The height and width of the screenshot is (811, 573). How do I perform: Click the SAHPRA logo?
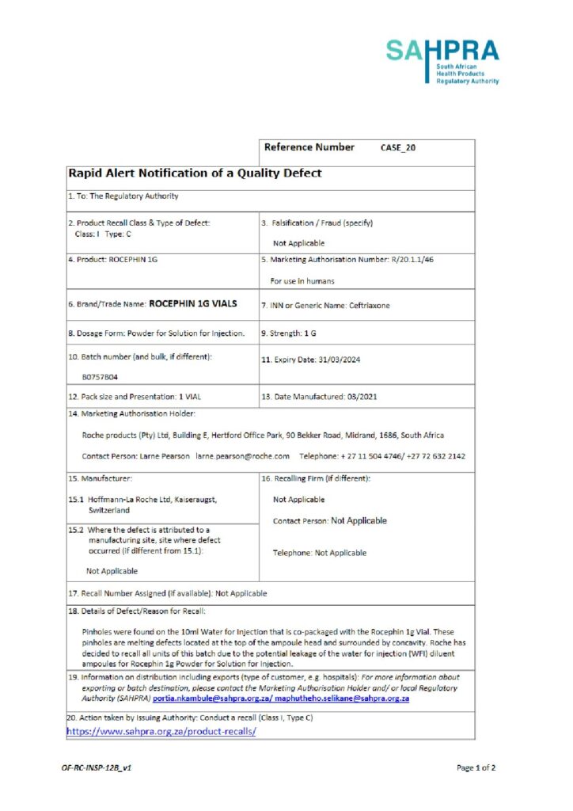tap(442, 62)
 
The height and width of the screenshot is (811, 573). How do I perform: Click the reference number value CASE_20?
tap(398, 148)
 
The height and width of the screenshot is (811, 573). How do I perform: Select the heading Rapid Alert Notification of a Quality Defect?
tap(195, 173)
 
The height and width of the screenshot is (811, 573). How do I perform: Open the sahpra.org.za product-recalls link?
tap(161, 731)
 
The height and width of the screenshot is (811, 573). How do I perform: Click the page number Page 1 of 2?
tap(476, 767)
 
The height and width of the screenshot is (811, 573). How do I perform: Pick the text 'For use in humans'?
tap(302, 280)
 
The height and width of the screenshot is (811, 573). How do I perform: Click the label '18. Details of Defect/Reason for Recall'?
tap(137, 611)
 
